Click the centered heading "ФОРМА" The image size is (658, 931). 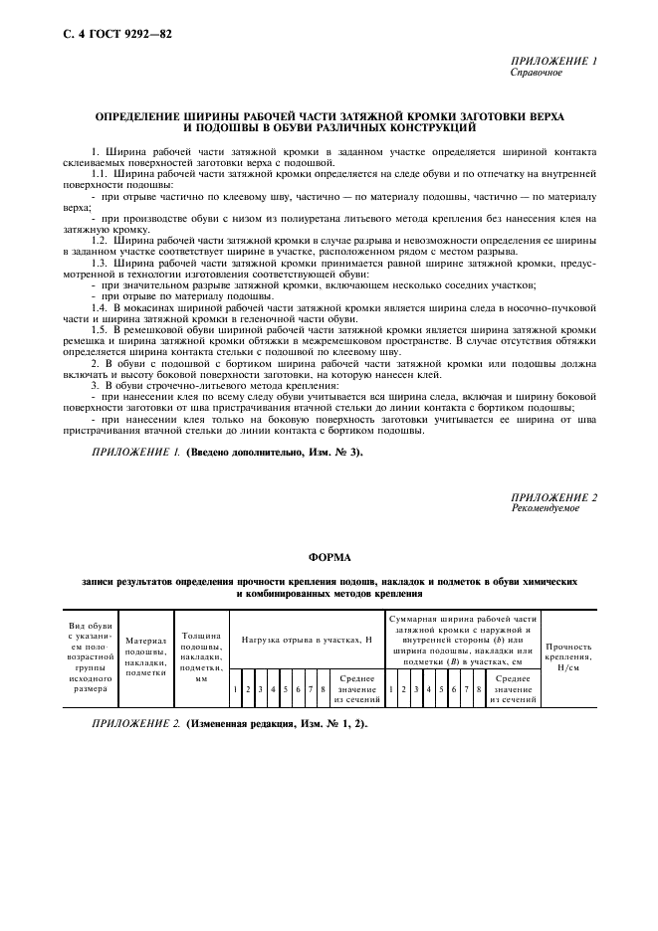point(328,559)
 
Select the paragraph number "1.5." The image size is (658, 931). point(102,328)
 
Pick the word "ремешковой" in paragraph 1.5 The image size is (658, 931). point(160,328)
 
